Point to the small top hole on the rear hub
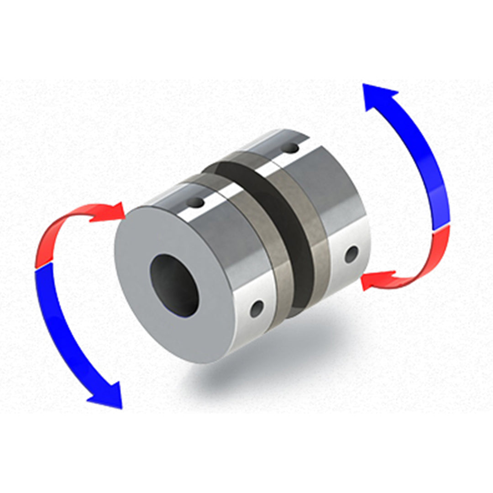click(289, 148)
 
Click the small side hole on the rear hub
click(351, 254)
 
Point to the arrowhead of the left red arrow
click(113, 211)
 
